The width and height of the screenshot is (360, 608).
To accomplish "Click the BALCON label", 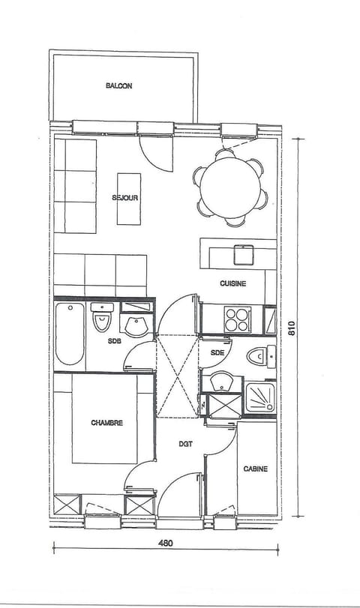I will coord(118,86).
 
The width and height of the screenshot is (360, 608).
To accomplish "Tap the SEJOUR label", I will coord(124,198).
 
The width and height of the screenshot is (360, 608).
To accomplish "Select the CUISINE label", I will coord(232,283).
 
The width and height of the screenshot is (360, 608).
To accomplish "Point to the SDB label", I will coord(114,342).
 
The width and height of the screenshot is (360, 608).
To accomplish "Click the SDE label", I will coord(217,352).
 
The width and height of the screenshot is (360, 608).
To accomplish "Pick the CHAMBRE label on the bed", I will coord(106,423).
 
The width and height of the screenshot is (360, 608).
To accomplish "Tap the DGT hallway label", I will coord(184,443).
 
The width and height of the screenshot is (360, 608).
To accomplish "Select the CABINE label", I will coord(256,469).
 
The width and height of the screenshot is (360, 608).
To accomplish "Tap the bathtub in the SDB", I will coord(69,334).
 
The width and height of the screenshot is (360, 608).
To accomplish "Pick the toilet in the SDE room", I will coord(259,355).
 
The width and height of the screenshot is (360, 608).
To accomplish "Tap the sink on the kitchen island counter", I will coord(244,255).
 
